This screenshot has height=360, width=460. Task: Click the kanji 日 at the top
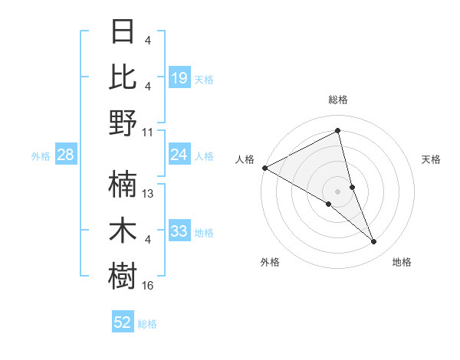pos(123,32)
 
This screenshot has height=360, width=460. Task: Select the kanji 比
pos(123,77)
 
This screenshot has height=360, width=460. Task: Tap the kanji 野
pos(123,122)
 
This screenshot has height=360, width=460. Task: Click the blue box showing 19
pos(179,77)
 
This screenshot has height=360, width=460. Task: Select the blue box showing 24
pos(179,155)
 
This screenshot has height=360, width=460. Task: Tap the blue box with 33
pos(179,231)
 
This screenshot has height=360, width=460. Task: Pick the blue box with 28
pos(65,155)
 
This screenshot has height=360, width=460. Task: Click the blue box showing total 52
pos(123,322)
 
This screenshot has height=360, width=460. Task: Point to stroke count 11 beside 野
pos(148,131)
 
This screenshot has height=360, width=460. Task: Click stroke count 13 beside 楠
pos(148,193)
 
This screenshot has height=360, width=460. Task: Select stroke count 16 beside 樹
pos(148,285)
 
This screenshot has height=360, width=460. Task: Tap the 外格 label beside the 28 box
pos(41,155)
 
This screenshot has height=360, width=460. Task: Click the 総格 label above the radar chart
pos(337,100)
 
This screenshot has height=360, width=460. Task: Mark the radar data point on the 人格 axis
pos(264,167)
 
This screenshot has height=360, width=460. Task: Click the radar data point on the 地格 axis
pos(374,241)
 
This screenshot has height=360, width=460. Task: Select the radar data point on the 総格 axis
pos(337,131)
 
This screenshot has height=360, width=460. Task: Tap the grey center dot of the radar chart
pos(337,190)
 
